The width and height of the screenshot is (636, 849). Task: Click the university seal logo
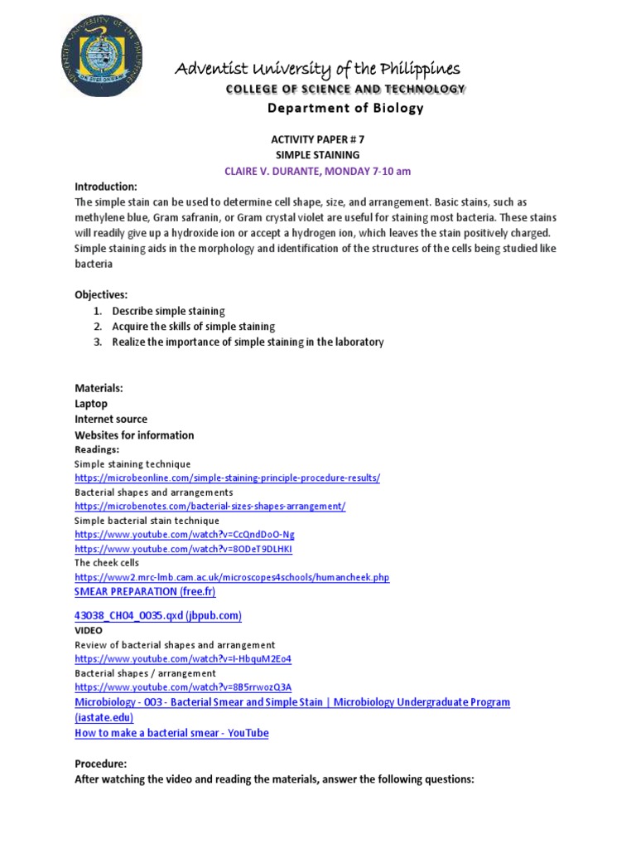pos(102,56)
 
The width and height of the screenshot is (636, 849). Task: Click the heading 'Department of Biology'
pos(344,108)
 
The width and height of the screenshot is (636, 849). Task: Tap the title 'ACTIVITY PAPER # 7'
pos(318,139)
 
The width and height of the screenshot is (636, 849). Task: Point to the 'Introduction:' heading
pos(106,187)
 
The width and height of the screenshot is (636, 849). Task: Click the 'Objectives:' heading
pos(101,294)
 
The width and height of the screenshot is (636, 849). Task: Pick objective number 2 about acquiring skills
pos(193,327)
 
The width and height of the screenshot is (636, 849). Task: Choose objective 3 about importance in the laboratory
pos(248,342)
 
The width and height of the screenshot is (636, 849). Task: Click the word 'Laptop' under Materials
pos(91,404)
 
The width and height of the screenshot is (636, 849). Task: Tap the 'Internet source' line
pos(111,420)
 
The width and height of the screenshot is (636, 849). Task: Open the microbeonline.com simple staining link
pos(227,478)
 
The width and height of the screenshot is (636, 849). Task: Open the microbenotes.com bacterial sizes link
pos(210,506)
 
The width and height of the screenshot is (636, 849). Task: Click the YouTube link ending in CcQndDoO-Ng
pos(184,535)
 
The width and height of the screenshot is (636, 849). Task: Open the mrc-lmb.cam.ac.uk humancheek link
pos(232,577)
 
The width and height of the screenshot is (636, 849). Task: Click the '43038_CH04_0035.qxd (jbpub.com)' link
pos(157,615)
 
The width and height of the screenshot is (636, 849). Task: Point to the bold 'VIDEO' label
pos(89,631)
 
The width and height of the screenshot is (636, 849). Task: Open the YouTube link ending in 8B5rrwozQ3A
pos(183,687)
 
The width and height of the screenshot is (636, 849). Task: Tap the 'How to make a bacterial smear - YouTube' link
pos(171,733)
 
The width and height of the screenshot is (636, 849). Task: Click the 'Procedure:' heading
pos(101,764)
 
